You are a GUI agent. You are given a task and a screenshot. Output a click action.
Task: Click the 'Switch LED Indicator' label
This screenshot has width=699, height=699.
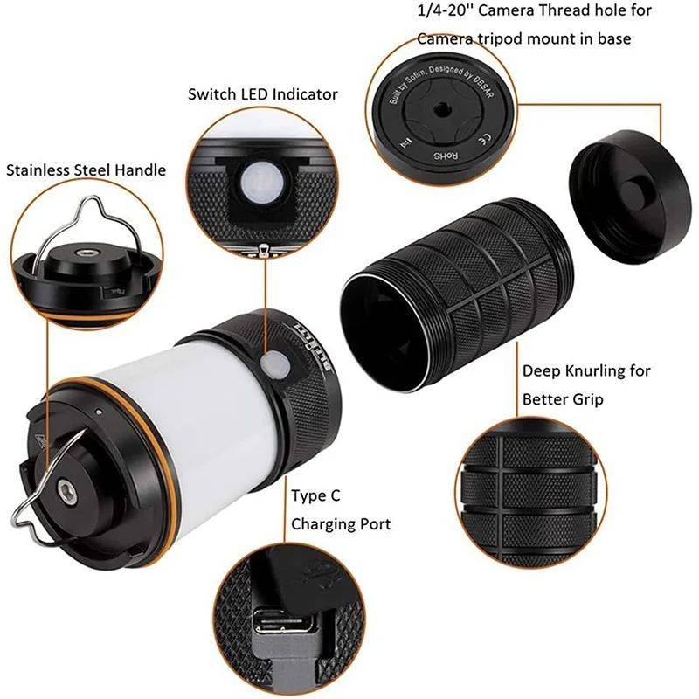262,93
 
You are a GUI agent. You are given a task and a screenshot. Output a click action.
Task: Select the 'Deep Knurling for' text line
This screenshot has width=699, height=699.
586,370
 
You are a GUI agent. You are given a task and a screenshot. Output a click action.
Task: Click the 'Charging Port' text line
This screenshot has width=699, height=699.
341,524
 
